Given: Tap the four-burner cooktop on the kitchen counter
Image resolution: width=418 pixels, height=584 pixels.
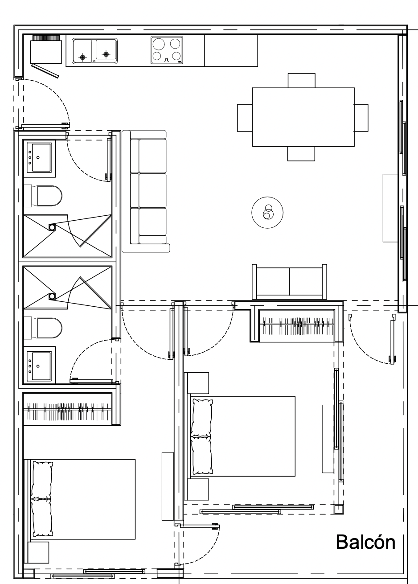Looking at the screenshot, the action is click(x=167, y=50).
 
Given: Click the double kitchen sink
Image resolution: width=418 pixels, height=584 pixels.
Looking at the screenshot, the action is click(x=94, y=51).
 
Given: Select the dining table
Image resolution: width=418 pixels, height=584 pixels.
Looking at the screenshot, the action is click(x=303, y=117).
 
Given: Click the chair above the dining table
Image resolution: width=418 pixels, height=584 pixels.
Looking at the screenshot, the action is click(x=302, y=81).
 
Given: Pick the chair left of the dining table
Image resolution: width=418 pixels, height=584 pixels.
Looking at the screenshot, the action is click(x=245, y=118).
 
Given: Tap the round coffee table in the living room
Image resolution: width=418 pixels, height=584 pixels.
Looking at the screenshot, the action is click(x=267, y=213).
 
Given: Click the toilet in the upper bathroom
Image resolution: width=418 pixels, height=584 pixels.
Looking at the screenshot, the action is click(x=43, y=196).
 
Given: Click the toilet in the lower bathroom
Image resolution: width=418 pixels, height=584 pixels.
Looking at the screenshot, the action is click(x=43, y=328).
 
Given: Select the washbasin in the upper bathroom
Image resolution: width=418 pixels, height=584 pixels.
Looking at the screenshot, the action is click(x=39, y=159).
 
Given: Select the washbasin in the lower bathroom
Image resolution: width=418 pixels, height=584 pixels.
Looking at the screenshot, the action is click(x=39, y=365).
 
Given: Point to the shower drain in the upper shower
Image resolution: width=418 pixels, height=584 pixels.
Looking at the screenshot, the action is click(x=52, y=227).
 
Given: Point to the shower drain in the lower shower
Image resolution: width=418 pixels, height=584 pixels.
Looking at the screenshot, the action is click(x=52, y=296).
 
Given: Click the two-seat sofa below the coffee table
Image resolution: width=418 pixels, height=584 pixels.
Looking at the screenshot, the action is click(x=289, y=282).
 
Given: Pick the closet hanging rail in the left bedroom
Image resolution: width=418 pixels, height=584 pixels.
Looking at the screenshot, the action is click(x=68, y=411).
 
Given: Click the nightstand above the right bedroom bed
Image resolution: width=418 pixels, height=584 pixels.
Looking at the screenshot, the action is click(x=197, y=383).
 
